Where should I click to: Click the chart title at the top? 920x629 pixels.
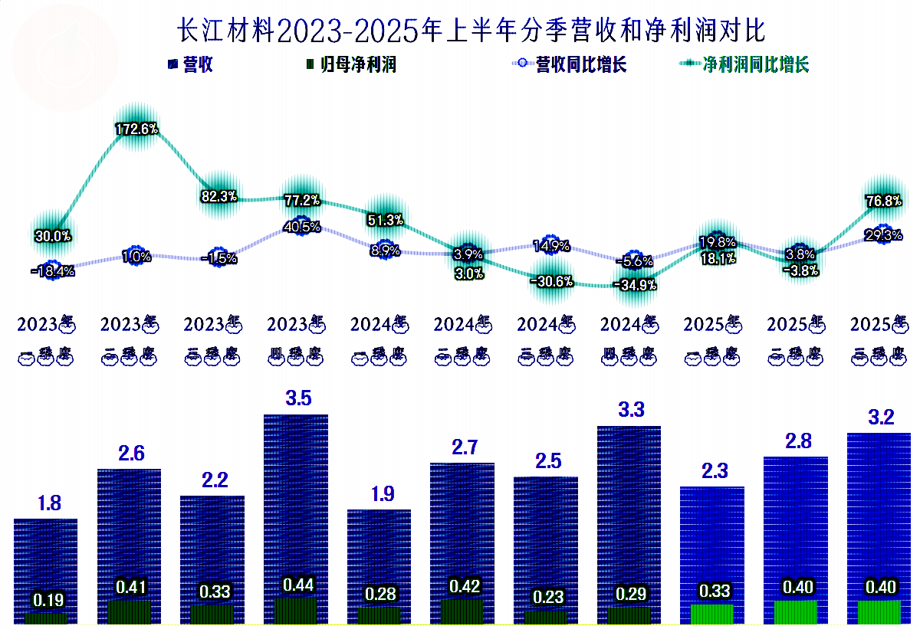[471, 31]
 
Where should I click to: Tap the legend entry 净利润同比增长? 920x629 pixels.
[748, 65]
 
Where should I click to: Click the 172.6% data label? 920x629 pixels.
[136, 129]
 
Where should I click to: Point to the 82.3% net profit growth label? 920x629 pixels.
[219, 196]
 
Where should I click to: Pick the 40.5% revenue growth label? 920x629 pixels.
[301, 227]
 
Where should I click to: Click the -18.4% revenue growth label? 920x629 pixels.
[53, 271]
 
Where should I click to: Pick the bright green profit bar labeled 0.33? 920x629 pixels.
[712, 614]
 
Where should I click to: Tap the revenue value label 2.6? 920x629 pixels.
[130, 453]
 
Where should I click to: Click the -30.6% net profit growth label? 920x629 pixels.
[551, 281]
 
